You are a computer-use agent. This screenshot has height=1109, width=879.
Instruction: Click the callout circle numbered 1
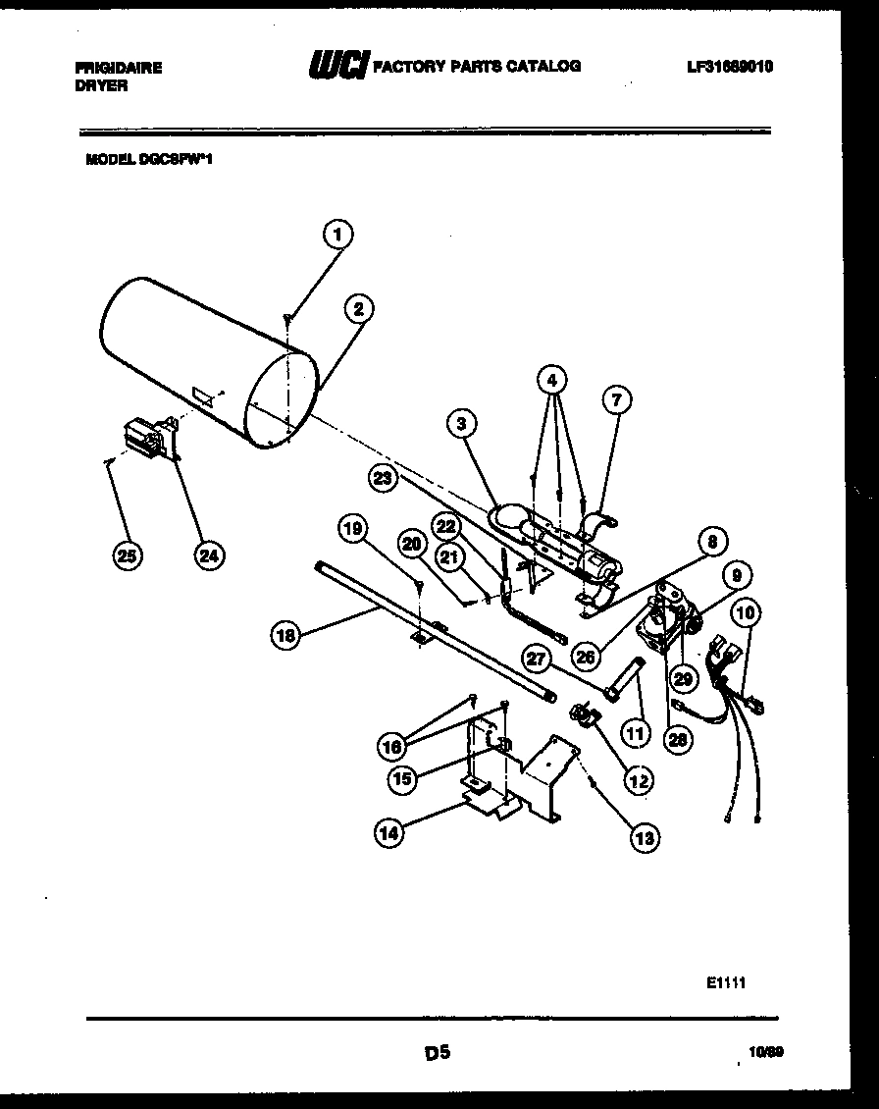tap(337, 235)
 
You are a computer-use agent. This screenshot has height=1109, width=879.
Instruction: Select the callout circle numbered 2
tap(359, 308)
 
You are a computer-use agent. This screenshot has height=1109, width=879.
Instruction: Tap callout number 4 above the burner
tap(553, 379)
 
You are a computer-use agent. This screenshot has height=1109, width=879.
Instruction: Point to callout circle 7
tap(615, 398)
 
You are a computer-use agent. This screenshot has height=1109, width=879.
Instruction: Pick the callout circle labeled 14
tap(390, 833)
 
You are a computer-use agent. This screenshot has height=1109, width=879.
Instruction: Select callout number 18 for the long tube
tap(284, 635)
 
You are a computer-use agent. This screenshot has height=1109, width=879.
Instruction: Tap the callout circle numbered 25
tap(126, 554)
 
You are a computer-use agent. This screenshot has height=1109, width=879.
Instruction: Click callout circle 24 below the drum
tap(207, 554)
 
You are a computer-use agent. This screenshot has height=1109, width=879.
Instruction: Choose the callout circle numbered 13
tap(645, 837)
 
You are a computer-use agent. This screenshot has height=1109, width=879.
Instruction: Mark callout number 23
tap(384, 478)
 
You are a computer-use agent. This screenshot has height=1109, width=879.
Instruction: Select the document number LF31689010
tap(730, 67)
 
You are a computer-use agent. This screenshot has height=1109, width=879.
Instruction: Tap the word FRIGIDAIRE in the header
tap(119, 68)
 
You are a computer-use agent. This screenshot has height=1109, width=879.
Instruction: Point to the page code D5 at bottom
tap(438, 1053)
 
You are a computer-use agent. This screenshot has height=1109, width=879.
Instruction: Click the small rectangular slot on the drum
tap(204, 396)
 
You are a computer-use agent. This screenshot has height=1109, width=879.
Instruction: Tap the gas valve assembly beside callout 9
tap(664, 621)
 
